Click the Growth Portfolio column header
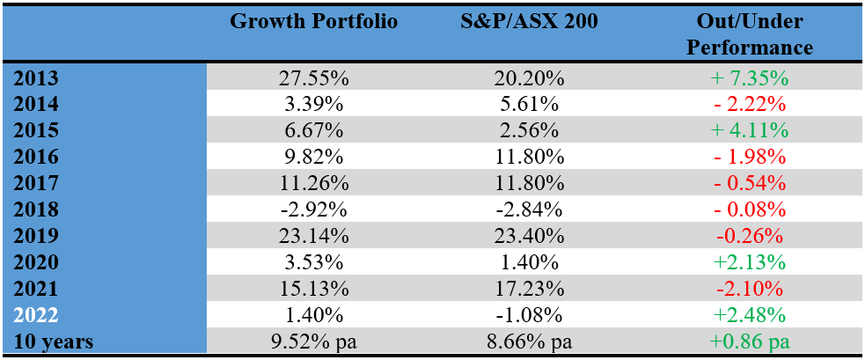313,21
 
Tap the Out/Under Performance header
749,33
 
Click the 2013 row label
36,77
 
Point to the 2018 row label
36,209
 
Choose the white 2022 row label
36,315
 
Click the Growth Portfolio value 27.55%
313,77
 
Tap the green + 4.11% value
749,130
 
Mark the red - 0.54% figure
749,183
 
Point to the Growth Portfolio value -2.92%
313,209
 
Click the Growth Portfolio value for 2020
313,262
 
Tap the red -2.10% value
749,289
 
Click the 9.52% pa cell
313,342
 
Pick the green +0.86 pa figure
749,342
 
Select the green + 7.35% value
749,77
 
